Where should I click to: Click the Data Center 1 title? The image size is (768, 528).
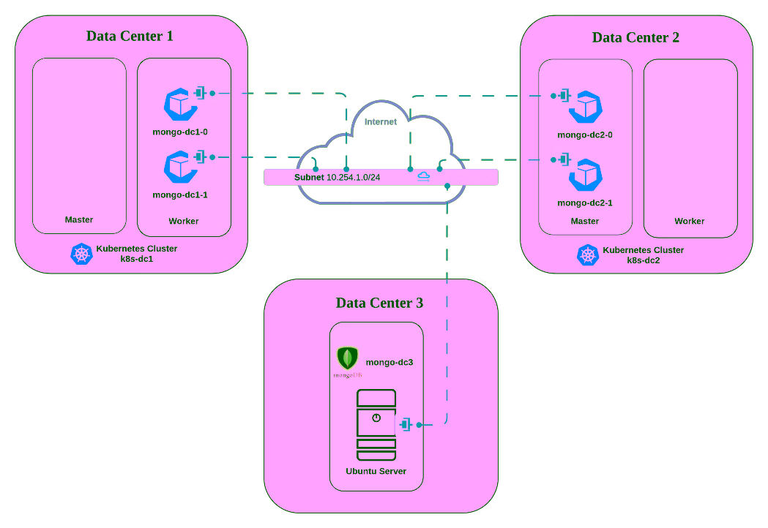pos(130,36)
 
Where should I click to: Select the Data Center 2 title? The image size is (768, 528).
pos(635,37)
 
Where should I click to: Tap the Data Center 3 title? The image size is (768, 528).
pos(379,303)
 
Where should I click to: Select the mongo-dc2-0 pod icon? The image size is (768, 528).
pos(586,107)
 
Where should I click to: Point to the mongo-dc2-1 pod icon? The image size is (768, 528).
pos(586,174)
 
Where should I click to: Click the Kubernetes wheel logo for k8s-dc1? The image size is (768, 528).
pos(81,254)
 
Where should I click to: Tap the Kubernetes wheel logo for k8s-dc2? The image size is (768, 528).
pos(588,254)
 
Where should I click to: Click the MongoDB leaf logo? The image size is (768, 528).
pos(347,358)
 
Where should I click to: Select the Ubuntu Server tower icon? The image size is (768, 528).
pos(376,424)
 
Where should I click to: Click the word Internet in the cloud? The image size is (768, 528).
pos(381,121)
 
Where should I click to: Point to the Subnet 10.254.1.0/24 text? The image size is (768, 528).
pos(337,177)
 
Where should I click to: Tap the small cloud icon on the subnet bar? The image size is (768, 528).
pos(424,176)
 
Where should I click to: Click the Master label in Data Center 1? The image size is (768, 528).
pos(79,219)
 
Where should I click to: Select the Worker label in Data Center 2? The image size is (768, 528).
pos(690,221)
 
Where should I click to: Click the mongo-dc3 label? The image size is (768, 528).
pos(389,362)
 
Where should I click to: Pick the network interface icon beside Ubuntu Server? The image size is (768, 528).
pos(405,424)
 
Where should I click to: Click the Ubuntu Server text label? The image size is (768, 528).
pos(376,471)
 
